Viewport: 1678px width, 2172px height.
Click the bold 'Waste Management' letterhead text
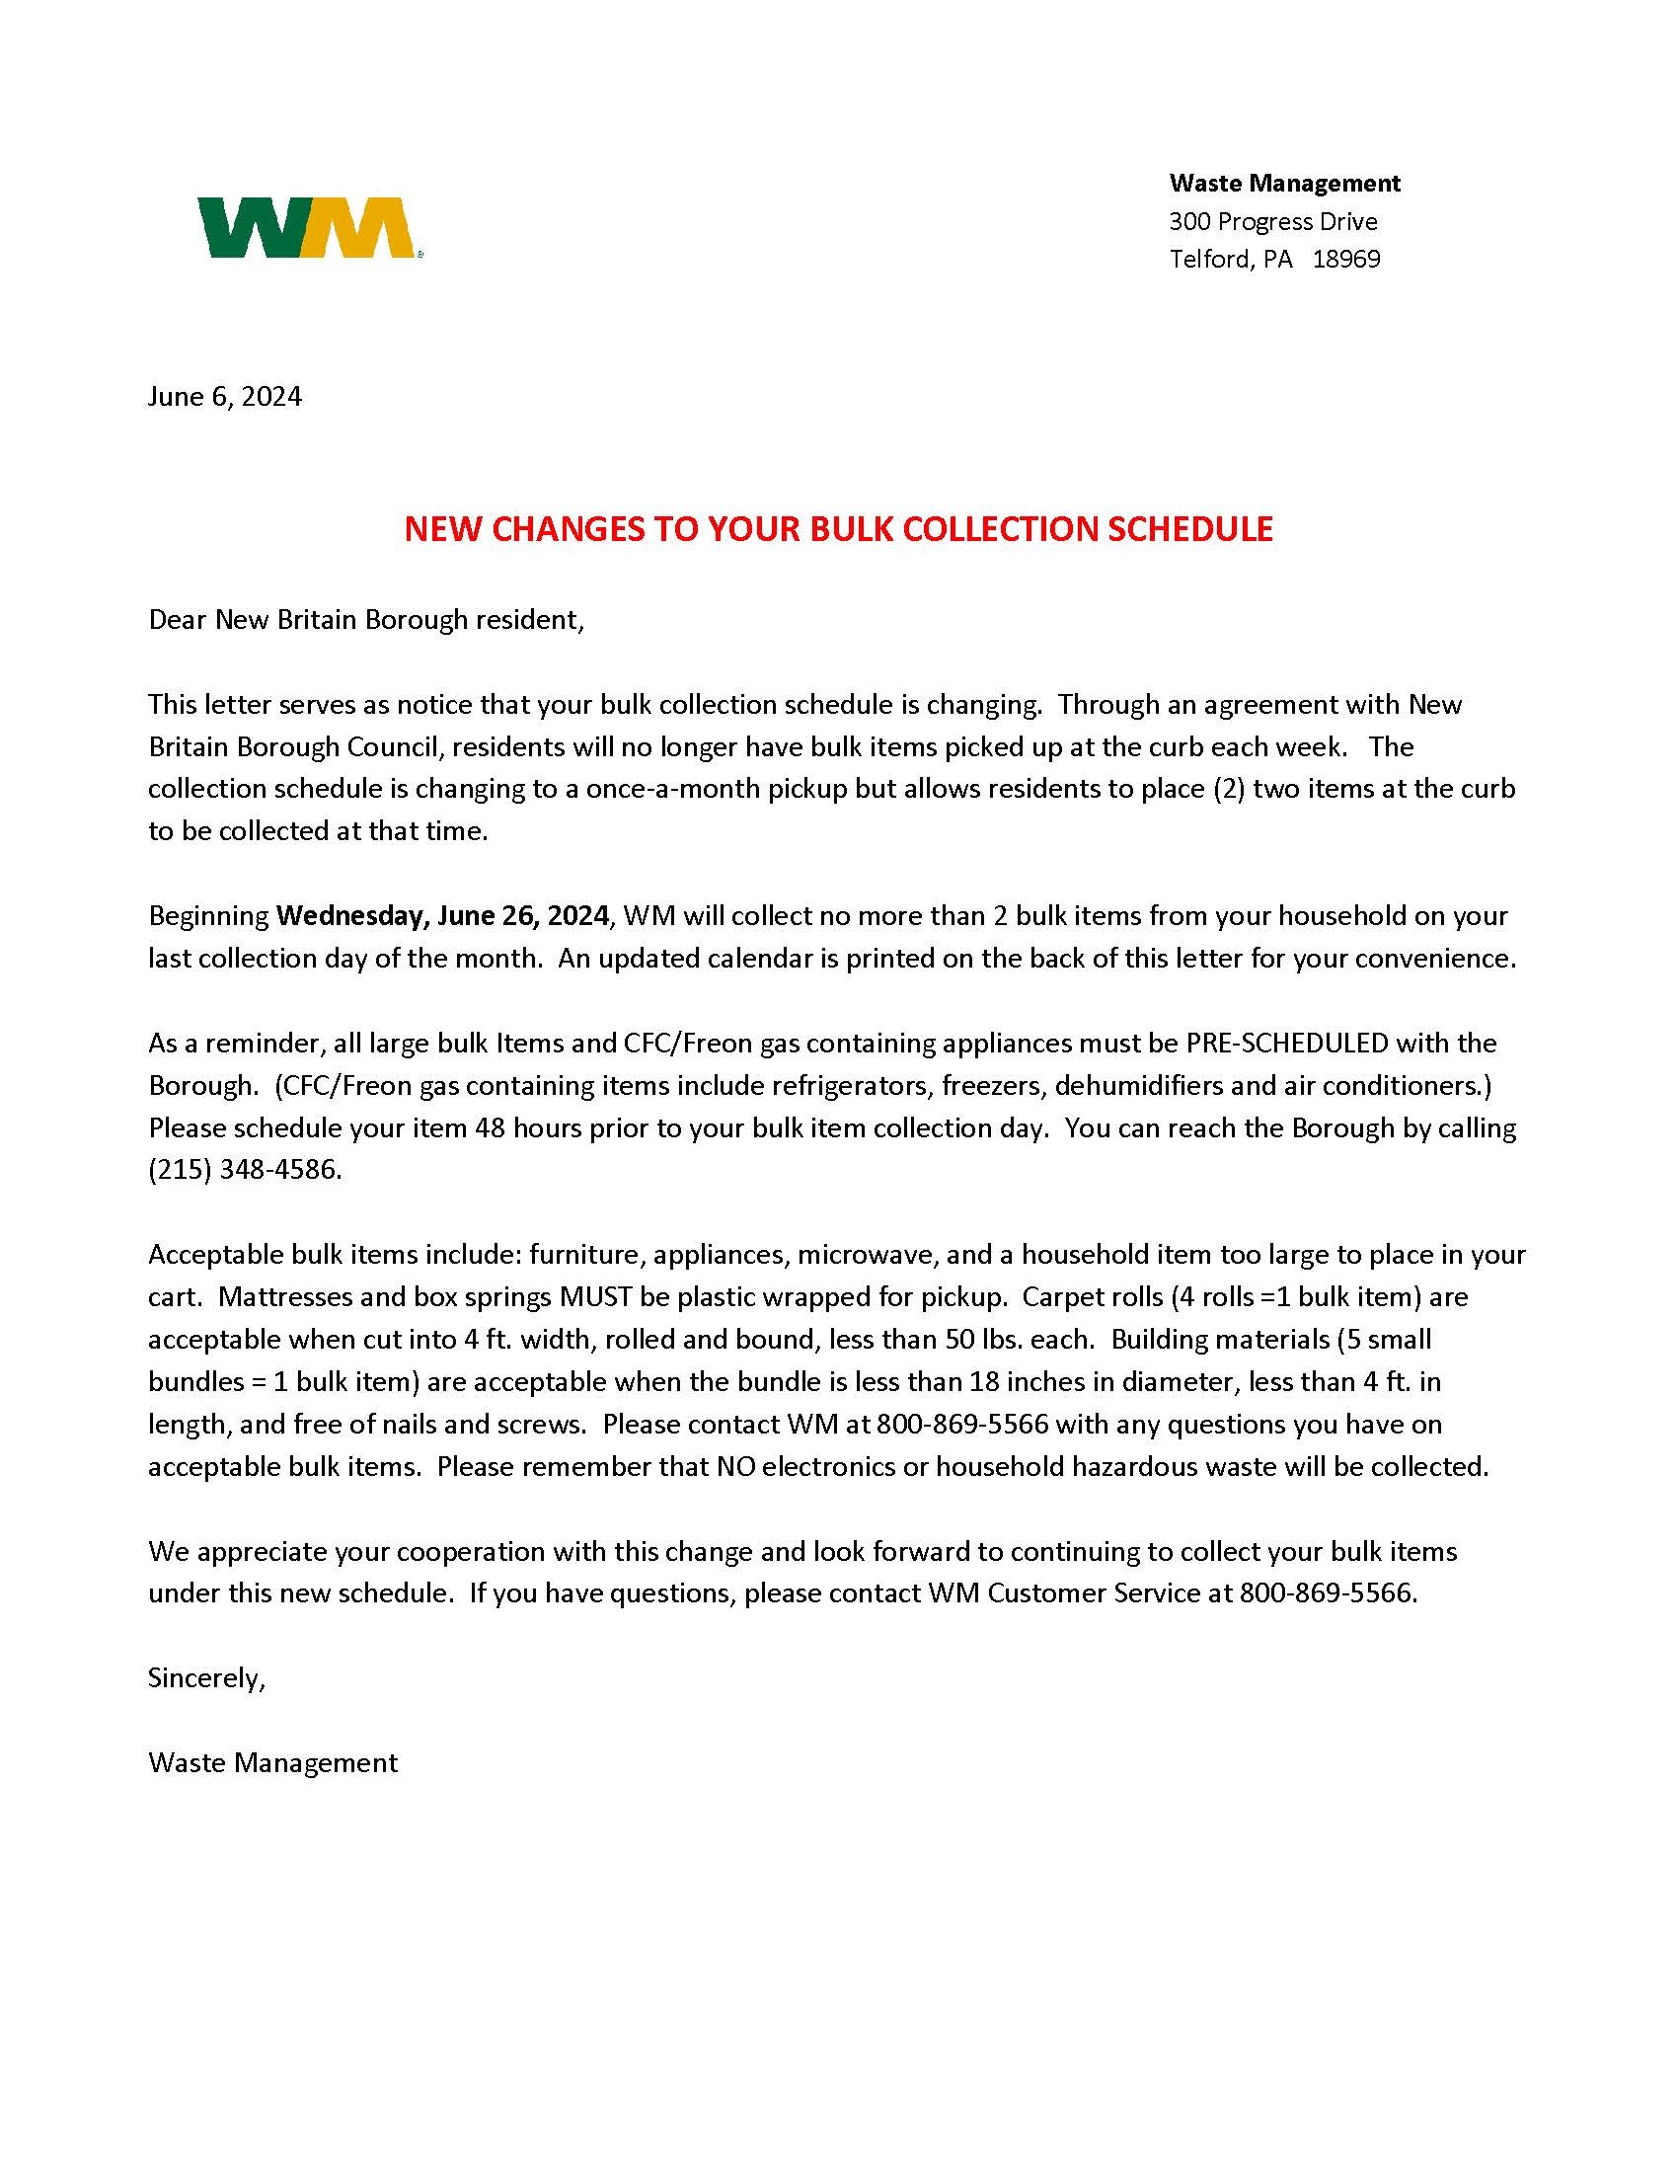pos(1284,183)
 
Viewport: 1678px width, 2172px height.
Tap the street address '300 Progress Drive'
pos(1272,221)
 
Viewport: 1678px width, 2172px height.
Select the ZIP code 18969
pos(1346,259)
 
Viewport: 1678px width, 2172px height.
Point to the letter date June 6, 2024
pos(225,397)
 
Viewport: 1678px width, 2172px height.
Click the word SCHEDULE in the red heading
pos(1190,529)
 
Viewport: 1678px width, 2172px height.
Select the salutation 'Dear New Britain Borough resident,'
pos(366,620)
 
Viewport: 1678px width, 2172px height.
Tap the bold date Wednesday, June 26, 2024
pos(442,915)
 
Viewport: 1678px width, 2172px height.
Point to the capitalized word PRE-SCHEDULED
pos(1286,1043)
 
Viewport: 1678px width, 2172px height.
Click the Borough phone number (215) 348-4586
pos(245,1170)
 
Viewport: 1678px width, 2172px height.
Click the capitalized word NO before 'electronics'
pos(734,1467)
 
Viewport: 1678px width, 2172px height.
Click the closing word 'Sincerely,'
pos(206,1678)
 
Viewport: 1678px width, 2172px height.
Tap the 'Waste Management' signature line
pos(272,1763)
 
